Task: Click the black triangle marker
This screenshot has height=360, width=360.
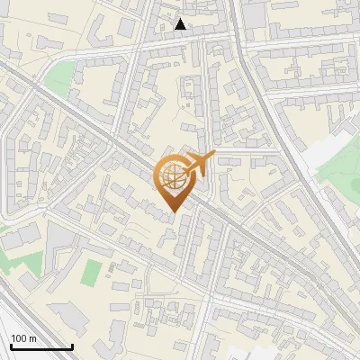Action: [181, 24]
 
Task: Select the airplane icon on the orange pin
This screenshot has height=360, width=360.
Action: [198, 164]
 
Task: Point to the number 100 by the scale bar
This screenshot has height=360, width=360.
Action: [19, 338]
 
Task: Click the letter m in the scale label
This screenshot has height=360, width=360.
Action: [32, 338]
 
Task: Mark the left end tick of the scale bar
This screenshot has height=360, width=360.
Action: [10, 346]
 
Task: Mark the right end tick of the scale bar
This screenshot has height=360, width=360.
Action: [72, 346]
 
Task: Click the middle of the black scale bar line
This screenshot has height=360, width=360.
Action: [40, 347]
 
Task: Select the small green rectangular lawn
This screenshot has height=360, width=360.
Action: [92, 270]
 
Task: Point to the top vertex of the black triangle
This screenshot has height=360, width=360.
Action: [181, 19]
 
